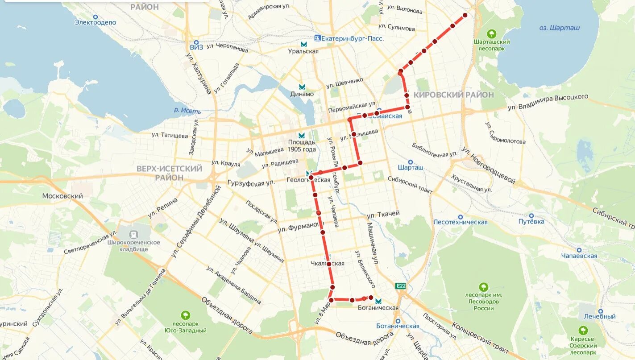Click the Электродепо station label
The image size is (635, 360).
95,22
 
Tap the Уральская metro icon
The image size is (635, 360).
304,44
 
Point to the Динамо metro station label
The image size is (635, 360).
302,94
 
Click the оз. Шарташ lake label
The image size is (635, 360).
559,28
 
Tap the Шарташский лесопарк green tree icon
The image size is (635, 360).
491,33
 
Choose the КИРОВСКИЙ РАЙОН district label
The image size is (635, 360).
453,95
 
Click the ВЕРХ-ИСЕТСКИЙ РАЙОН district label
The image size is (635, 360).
169,173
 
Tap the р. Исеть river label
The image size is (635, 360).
187,111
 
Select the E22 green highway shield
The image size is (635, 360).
400,286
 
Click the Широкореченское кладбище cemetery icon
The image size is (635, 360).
133,234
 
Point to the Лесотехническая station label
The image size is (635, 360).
460,222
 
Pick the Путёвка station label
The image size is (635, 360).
531,221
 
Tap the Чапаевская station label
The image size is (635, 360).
579,256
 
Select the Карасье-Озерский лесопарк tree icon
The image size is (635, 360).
583,331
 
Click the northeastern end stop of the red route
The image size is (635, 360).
465,15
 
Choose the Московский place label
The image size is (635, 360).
62,196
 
